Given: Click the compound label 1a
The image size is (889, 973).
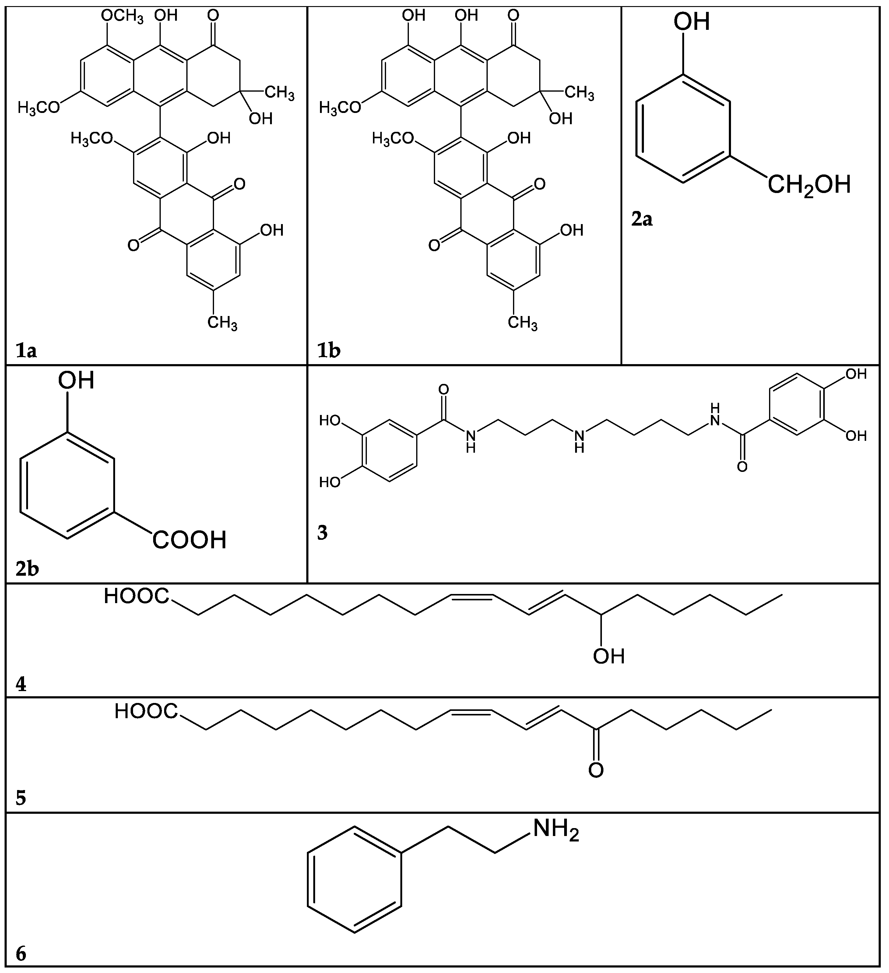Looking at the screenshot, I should tap(26, 351).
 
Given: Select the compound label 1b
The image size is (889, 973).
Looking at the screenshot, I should tap(329, 351).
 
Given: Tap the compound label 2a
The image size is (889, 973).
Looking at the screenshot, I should tap(642, 220).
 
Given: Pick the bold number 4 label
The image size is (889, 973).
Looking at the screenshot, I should tap(21, 684).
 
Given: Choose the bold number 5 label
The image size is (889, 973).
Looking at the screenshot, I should tap(21, 798).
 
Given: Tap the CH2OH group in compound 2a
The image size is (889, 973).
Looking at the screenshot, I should tap(808, 185).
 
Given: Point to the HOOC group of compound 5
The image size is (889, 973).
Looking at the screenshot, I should tap(146, 711).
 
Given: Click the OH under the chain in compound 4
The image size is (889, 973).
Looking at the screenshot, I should tap(609, 656).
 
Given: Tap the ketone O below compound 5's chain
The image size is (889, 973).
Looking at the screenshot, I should tap(596, 770).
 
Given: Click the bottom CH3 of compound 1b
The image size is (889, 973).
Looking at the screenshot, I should tap(523, 322).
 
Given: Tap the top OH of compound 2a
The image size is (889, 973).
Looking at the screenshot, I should tap(692, 22).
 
